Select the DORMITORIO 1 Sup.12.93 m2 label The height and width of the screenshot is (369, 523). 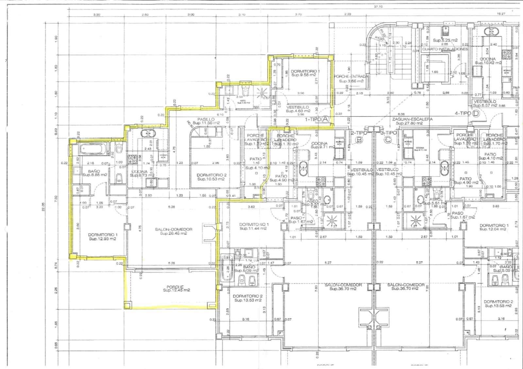(103, 237)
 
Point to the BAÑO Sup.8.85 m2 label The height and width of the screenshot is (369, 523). (94, 173)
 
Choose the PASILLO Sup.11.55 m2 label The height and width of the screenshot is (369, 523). (206, 121)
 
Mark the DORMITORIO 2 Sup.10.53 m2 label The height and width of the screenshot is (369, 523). (211, 177)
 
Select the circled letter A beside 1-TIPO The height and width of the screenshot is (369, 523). (325, 119)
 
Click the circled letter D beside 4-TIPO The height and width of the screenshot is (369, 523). (476, 114)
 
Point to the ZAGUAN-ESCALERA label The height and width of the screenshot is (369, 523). (412, 121)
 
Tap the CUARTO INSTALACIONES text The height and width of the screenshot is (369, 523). (445, 49)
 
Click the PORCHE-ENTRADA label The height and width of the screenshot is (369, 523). (351, 78)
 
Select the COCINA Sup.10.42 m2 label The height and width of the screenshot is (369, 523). (488, 61)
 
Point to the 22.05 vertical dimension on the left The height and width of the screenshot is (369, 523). (43, 207)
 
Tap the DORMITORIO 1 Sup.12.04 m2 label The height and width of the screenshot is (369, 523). (494, 227)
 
